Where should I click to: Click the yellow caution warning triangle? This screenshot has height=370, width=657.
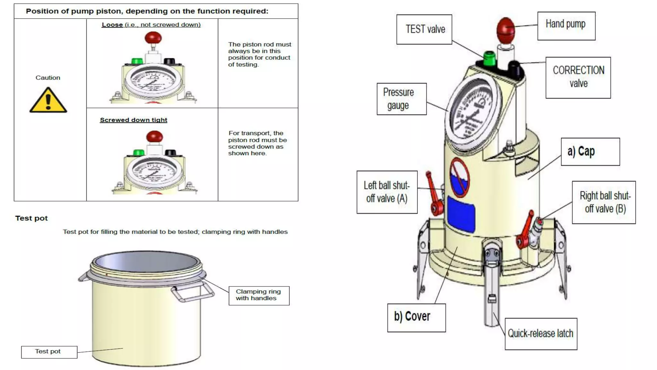(48, 101)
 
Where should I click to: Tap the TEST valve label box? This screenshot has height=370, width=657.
(424, 29)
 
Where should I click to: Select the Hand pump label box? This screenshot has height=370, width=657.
(566, 26)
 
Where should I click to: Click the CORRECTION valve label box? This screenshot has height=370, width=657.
(578, 77)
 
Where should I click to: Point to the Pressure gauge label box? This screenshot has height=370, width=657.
(401, 99)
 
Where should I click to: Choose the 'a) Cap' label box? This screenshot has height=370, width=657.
(590, 152)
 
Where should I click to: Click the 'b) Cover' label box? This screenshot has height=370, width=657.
(416, 317)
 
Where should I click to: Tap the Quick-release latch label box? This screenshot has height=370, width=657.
(541, 334)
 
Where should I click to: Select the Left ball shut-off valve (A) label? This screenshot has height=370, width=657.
(387, 192)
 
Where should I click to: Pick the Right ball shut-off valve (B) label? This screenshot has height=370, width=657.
(604, 202)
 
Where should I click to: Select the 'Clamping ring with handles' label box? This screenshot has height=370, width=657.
(259, 295)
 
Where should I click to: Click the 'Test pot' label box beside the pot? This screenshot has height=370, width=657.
(49, 352)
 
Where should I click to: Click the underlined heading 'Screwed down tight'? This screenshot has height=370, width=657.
(133, 120)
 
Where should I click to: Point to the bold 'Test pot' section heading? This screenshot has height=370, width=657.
(31, 218)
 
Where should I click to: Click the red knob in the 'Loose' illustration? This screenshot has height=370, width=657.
(153, 38)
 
